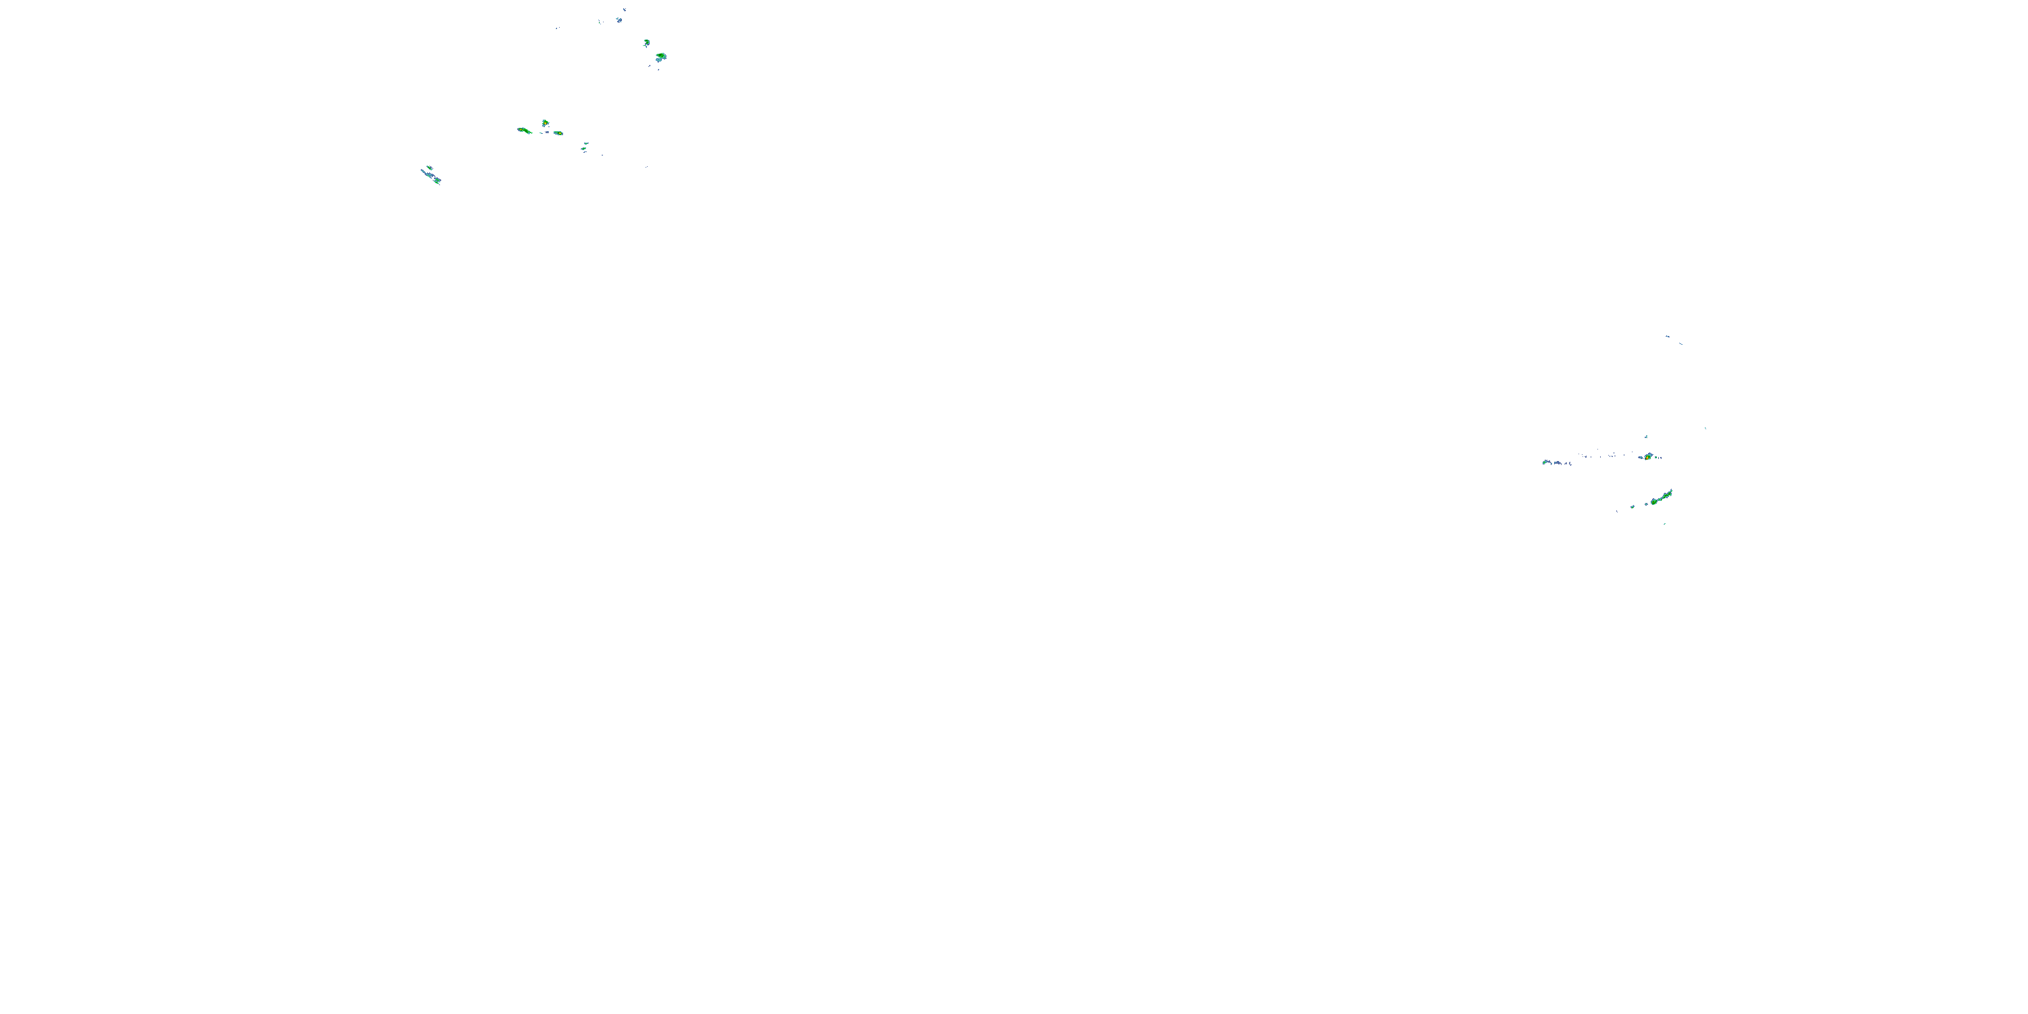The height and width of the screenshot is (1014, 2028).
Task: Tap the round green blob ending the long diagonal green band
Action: click(1654, 502)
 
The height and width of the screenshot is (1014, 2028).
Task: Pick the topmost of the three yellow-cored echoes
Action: click(545, 123)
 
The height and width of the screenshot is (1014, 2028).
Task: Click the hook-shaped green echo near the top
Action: click(646, 43)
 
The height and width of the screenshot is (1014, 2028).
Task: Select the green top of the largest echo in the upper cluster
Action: click(661, 56)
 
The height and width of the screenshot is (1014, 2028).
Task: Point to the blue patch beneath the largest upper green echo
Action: click(658, 61)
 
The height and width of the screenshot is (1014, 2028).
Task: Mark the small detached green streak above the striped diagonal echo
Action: click(429, 167)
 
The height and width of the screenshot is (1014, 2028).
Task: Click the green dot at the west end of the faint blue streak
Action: click(1545, 462)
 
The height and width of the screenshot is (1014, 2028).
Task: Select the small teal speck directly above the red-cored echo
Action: click(1645, 437)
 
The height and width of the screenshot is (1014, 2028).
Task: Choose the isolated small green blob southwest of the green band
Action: click(1633, 506)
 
